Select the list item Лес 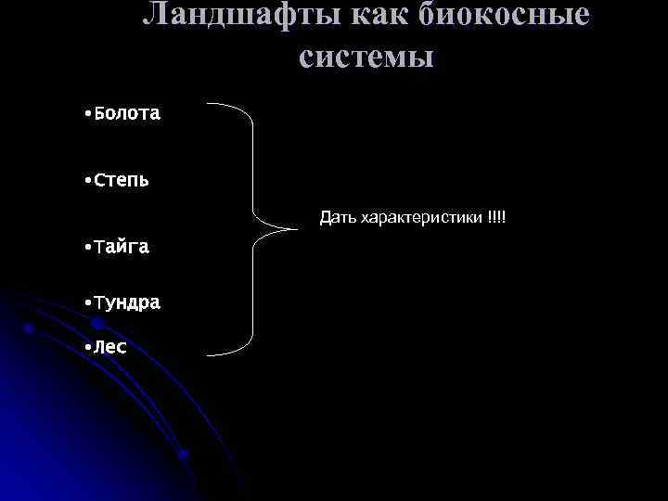(110, 347)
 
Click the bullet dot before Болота (85, 115)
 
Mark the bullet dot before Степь (85, 180)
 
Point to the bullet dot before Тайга (85, 248)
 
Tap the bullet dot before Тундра (85, 303)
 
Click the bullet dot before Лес (85, 348)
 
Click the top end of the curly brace (208, 104)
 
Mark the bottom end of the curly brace (208, 353)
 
